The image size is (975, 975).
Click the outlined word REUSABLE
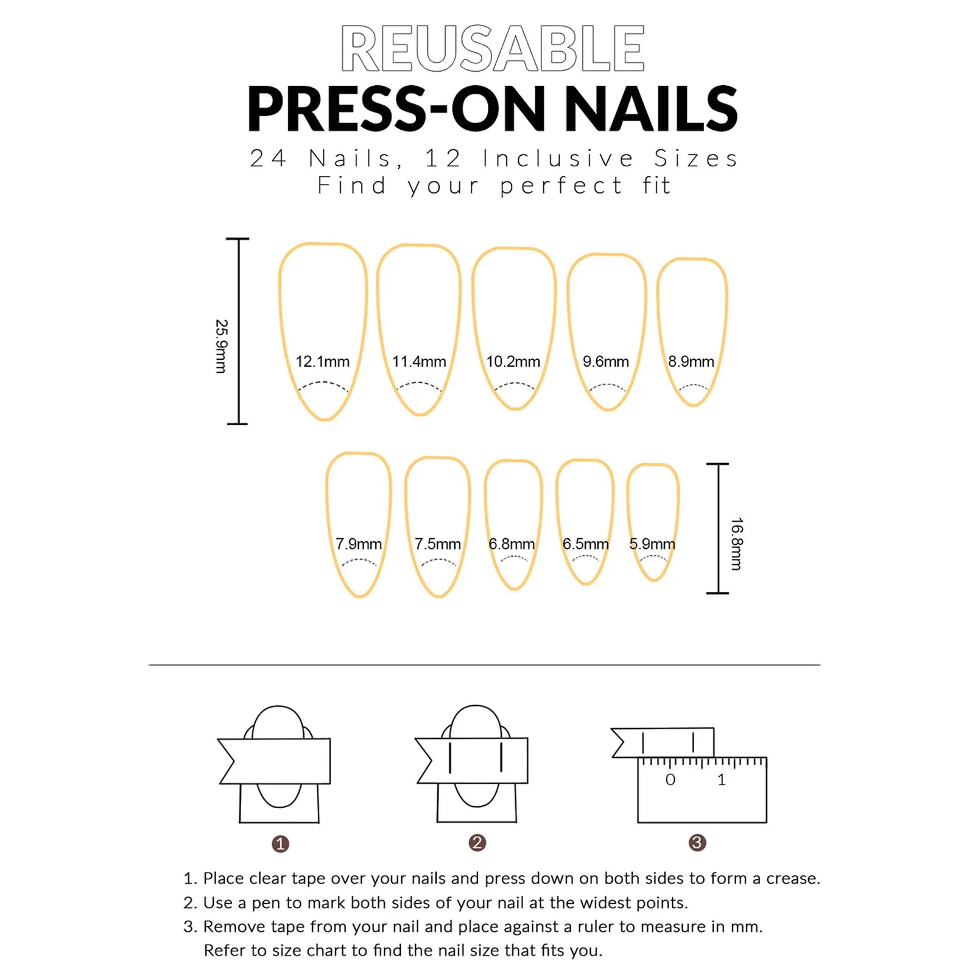(492, 49)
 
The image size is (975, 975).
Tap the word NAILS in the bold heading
(651, 109)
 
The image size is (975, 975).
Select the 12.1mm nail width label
(322, 362)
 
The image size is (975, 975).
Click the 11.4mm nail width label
(419, 362)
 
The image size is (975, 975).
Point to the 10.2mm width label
(513, 362)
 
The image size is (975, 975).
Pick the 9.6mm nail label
(605, 362)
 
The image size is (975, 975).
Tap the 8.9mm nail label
(691, 362)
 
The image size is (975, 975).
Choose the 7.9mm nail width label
(358, 544)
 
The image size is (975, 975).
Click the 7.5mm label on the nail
(437, 544)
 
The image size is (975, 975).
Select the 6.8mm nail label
(512, 544)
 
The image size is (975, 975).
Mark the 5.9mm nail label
(652, 544)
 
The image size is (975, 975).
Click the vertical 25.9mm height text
(221, 346)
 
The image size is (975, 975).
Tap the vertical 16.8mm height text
(736, 544)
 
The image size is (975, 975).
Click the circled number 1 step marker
(280, 844)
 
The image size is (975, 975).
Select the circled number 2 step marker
(477, 843)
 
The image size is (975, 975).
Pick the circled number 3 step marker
(697, 843)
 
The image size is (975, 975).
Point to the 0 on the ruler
(670, 780)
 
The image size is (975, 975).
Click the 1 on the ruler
(722, 780)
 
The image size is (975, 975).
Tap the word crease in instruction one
(792, 879)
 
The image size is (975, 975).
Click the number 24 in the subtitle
(268, 158)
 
